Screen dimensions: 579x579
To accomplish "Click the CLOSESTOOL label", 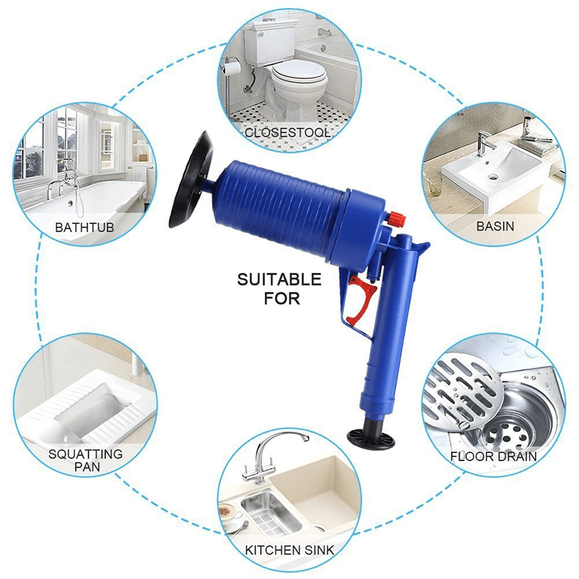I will (x=287, y=132).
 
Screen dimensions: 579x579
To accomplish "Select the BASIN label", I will (x=495, y=226).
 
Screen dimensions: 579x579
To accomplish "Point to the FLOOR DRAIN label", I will (x=493, y=457).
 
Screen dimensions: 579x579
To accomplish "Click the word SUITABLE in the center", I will (x=279, y=279).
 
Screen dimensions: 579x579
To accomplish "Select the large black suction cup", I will (x=196, y=179).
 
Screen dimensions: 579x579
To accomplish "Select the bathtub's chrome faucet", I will (x=58, y=187).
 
